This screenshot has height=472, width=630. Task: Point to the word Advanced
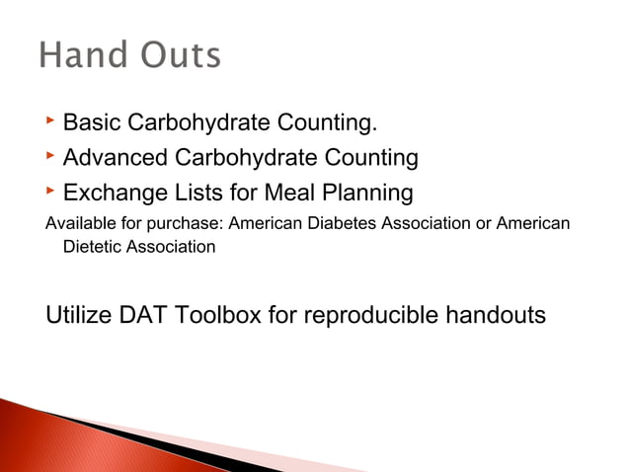coord(115,157)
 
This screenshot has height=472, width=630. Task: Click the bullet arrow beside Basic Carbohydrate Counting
coord(50,122)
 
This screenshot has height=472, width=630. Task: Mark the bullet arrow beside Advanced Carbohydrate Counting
coord(50,155)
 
